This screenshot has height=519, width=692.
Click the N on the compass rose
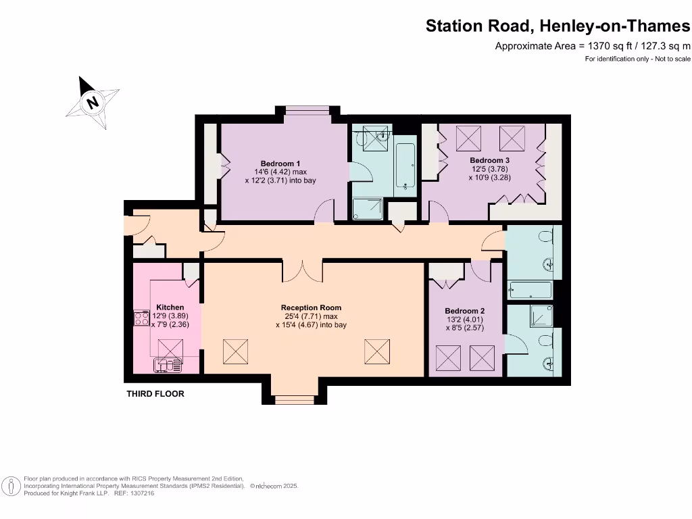pos(93,103)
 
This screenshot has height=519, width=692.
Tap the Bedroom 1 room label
pos(280,164)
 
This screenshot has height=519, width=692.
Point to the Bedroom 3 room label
pos(489,160)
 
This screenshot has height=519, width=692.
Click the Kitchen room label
pos(170,307)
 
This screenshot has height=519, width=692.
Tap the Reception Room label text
pos(311,308)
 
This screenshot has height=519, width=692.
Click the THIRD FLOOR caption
pos(155,394)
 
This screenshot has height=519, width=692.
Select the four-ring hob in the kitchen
pos(142,318)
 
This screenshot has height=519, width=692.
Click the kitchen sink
pos(167,365)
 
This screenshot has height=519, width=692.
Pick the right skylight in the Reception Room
pos(377,351)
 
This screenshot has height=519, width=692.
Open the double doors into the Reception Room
pos(302,270)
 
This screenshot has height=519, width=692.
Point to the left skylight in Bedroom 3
pos(468,139)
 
